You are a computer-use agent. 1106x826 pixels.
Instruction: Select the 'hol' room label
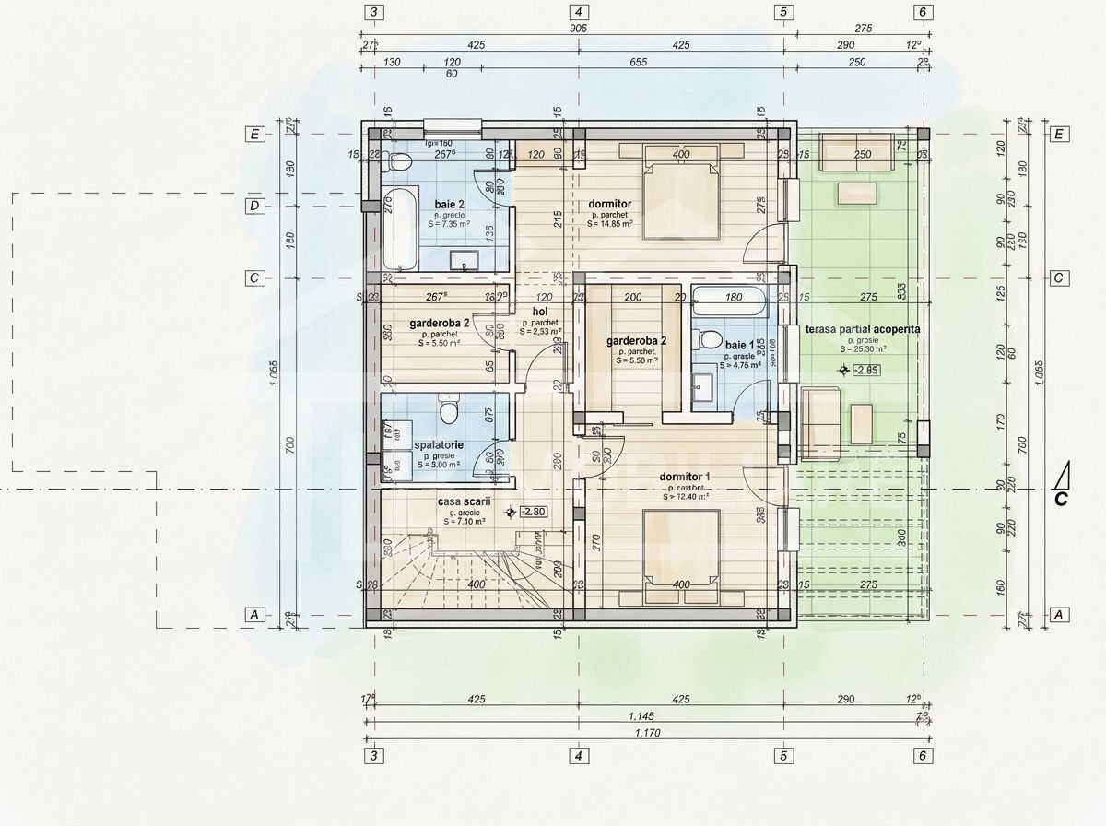[x=540, y=312]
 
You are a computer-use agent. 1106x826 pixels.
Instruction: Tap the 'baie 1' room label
[x=739, y=345]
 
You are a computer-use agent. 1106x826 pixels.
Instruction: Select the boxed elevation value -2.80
[x=534, y=512]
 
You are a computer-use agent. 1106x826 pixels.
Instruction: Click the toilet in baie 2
[x=399, y=164]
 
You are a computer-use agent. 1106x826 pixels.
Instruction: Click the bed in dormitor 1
[x=681, y=550]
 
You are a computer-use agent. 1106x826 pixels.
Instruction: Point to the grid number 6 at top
[x=921, y=12]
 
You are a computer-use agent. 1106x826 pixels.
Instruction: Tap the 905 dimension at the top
[x=578, y=28]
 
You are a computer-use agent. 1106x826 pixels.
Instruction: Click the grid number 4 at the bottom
[x=578, y=756]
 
